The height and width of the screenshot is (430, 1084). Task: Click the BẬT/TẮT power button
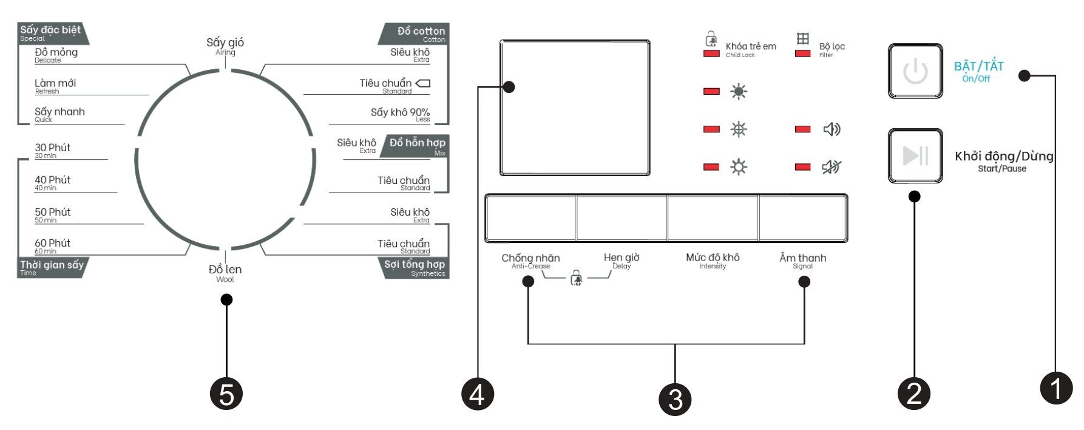pyautogui.click(x=915, y=71)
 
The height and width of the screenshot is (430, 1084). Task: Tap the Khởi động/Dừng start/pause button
pyautogui.click(x=915, y=156)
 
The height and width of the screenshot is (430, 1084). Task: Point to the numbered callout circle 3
pyautogui.click(x=675, y=399)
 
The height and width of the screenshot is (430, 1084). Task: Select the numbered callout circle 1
pyautogui.click(x=1056, y=387)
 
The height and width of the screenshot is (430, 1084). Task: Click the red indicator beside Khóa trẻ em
pyautogui.click(x=711, y=54)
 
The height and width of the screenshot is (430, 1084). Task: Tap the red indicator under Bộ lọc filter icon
pyautogui.click(x=802, y=54)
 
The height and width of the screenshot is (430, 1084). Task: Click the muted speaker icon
pyautogui.click(x=831, y=166)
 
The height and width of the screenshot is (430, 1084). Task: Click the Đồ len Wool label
pyautogui.click(x=225, y=272)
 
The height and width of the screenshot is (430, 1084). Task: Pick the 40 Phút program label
pyautogui.click(x=53, y=182)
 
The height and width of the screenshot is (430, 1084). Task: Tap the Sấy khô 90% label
pyautogui.click(x=400, y=114)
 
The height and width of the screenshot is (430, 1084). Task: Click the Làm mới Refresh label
pyautogui.click(x=55, y=85)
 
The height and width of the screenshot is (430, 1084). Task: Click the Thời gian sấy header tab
pyautogui.click(x=52, y=267)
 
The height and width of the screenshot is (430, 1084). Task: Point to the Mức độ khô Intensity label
pyautogui.click(x=713, y=260)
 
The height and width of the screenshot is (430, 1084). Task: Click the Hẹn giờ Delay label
pyautogui.click(x=622, y=260)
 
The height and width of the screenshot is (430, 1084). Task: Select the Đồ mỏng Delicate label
pyautogui.click(x=56, y=54)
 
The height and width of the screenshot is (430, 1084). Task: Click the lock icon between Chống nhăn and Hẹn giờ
pyautogui.click(x=576, y=279)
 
